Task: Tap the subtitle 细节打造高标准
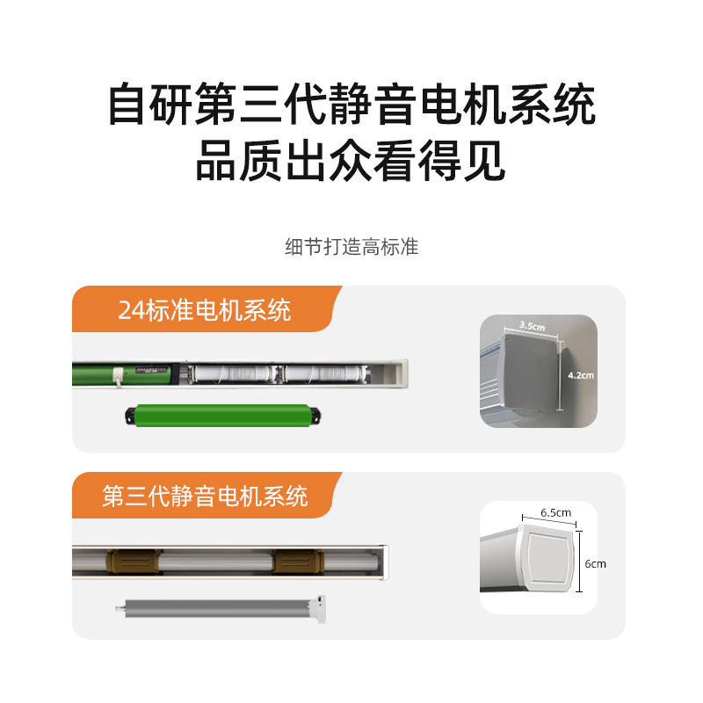[x=351, y=247]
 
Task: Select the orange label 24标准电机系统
[x=205, y=311]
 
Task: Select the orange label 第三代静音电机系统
[x=205, y=496]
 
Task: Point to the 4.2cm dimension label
[x=581, y=375]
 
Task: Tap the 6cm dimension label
[x=594, y=564]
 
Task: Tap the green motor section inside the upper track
[x=123, y=373]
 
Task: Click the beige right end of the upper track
[x=400, y=373]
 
